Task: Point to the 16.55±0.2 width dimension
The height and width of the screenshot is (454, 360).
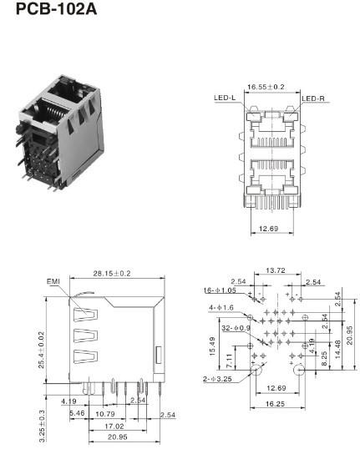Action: tap(266, 86)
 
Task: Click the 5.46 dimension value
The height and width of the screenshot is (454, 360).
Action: tap(77, 413)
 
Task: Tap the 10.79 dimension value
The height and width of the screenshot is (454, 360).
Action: tap(106, 413)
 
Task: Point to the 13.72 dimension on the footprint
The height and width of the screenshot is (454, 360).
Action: tap(276, 271)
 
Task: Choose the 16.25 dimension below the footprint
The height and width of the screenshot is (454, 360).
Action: tap(275, 403)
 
